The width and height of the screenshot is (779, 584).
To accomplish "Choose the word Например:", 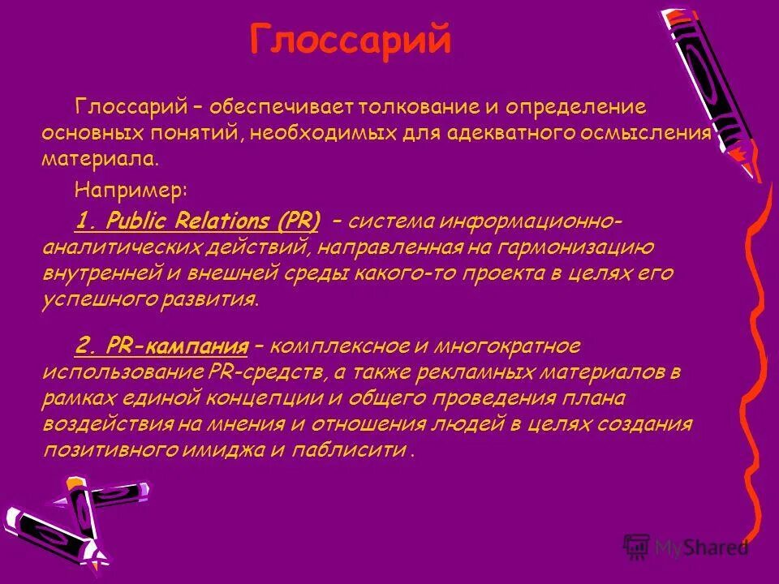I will tap(131, 189).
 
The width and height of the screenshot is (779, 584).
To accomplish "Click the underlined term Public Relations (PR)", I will tap(198, 221).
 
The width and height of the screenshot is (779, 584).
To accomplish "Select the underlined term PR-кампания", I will tap(161, 347).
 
